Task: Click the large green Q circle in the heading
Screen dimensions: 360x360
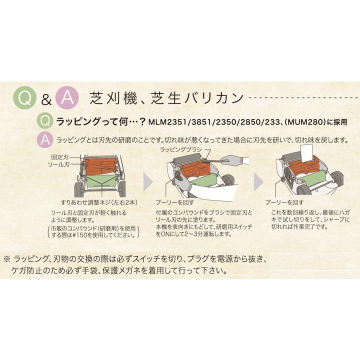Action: [25, 98]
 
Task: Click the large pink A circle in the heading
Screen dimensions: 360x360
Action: [67, 98]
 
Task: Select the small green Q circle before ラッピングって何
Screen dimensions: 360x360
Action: [45, 121]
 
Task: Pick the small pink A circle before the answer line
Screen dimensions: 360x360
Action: [45, 139]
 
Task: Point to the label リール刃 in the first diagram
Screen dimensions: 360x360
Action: [58, 164]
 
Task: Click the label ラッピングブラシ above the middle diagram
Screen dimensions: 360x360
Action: [180, 149]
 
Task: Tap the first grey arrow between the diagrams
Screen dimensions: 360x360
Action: [148, 182]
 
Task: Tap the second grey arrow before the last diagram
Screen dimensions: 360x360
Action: [258, 182]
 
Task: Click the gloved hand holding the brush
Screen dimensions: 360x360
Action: [234, 160]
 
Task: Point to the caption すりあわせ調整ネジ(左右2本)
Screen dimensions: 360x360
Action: [99, 202]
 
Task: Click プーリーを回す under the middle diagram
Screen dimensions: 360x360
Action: [175, 202]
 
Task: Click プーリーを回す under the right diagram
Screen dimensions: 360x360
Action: [284, 202]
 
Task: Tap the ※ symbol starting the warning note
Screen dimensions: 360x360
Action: [7, 259]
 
